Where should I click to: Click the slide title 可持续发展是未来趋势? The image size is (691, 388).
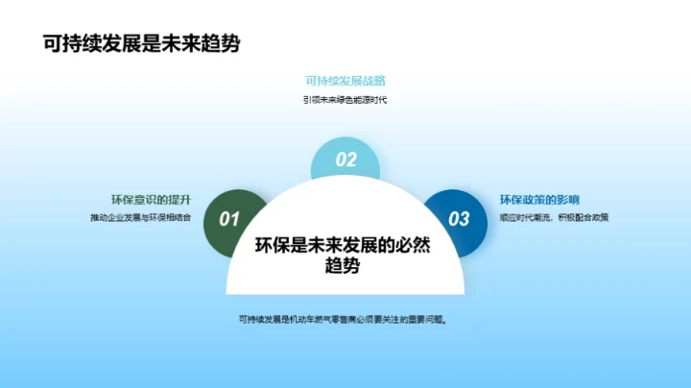[x=128, y=44]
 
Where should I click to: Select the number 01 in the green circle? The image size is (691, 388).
[x=229, y=220]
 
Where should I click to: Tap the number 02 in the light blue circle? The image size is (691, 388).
[x=345, y=160]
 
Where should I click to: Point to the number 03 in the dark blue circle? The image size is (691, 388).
[x=460, y=220]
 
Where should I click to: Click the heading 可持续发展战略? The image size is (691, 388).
[x=345, y=82]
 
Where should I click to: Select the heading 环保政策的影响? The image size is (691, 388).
[x=539, y=200]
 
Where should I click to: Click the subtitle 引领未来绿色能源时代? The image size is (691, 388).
[x=345, y=100]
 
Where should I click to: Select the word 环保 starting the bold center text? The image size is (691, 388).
[x=272, y=246]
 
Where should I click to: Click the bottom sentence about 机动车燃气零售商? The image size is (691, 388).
[x=345, y=319]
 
